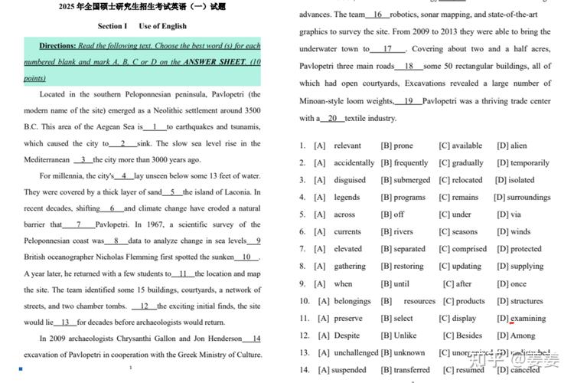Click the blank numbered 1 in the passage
click(155, 127)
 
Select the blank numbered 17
click(387, 49)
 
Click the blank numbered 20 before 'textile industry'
click(331, 119)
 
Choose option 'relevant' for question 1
click(347, 146)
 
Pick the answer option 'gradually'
click(467, 163)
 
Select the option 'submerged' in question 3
click(412, 180)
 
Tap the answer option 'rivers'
click(403, 232)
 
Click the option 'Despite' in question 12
click(347, 336)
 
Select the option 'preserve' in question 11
click(348, 319)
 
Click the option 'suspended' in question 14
click(348, 370)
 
